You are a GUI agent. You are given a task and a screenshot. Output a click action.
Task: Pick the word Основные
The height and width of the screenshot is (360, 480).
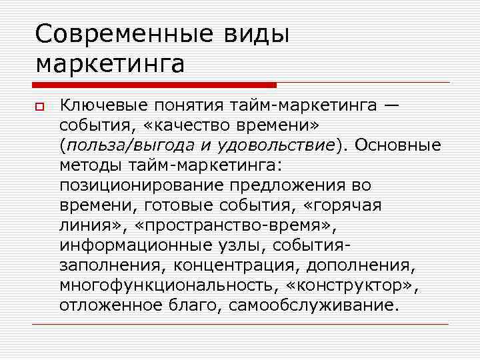pyautogui.click(x=398, y=145)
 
